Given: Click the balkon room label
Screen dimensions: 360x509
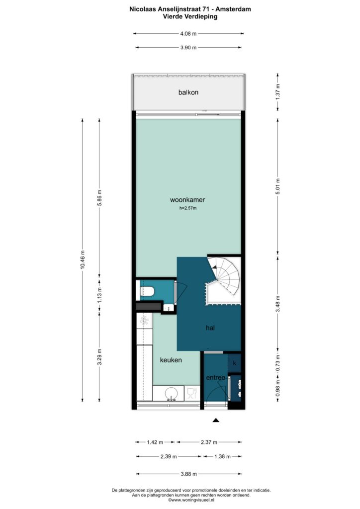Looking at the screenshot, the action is pos(188,92).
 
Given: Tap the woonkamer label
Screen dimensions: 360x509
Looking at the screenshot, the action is pos(187,200).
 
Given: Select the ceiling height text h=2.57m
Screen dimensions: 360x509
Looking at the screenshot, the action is pos(188,208).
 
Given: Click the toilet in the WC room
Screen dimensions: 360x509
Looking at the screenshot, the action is pos(146,291).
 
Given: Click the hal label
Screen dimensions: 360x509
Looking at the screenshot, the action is pos(210,328).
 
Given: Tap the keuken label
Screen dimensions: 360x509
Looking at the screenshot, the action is pos(171,360).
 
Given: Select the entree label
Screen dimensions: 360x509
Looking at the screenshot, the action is pos(215,378).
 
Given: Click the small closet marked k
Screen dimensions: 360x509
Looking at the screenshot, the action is pos(234,363).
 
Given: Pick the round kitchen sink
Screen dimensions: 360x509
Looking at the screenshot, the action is pos(171,394).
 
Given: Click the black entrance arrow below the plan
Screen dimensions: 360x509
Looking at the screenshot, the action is pos(216,420).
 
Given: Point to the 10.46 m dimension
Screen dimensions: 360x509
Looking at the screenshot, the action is pos(83,259).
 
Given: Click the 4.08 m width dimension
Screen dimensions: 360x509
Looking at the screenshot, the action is pos(188,33).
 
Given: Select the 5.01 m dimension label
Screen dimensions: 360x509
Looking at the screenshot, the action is pos(277,186).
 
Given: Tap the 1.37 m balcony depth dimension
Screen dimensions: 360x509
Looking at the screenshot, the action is pos(277,92).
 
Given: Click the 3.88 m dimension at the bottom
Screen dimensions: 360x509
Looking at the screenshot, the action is pos(188,474).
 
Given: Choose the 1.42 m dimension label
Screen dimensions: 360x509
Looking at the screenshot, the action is pos(155,442).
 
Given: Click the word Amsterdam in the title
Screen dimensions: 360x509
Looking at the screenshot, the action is pos(233,9).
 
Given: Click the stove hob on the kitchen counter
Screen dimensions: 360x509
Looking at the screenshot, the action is pos(144,321).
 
